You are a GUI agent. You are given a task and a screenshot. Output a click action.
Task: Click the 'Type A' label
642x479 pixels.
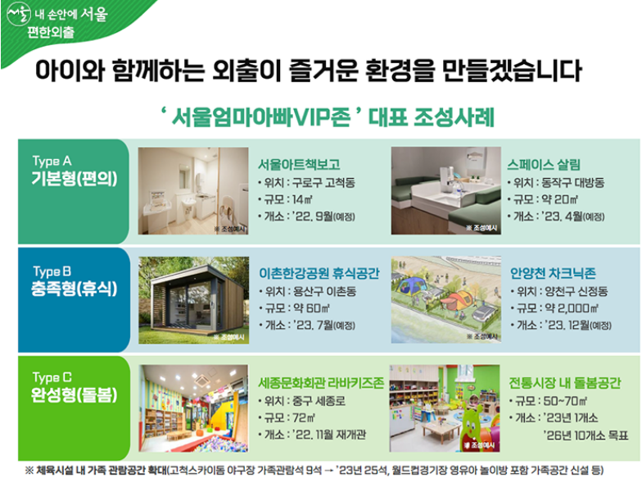[50, 162]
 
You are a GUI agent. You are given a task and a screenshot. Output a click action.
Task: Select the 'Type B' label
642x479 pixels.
[50, 271]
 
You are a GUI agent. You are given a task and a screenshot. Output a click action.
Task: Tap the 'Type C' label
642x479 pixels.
[50, 378]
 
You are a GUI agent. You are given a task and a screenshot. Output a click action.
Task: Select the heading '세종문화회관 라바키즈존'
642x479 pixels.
[320, 382]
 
